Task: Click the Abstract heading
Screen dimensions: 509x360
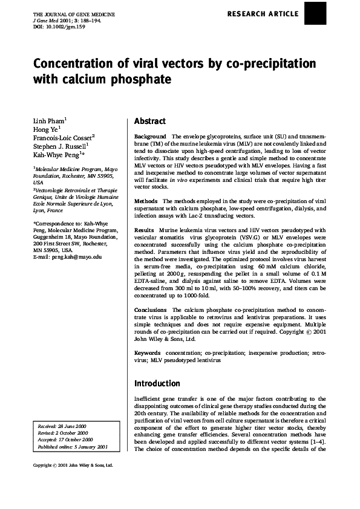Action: point(149,121)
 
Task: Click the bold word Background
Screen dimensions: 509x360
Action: point(150,137)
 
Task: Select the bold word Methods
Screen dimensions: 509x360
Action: point(146,200)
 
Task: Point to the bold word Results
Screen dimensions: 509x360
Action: point(144,230)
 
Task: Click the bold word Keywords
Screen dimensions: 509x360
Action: point(148,352)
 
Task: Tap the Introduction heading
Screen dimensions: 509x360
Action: point(157,383)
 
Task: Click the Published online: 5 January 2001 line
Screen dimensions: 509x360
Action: point(72,447)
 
